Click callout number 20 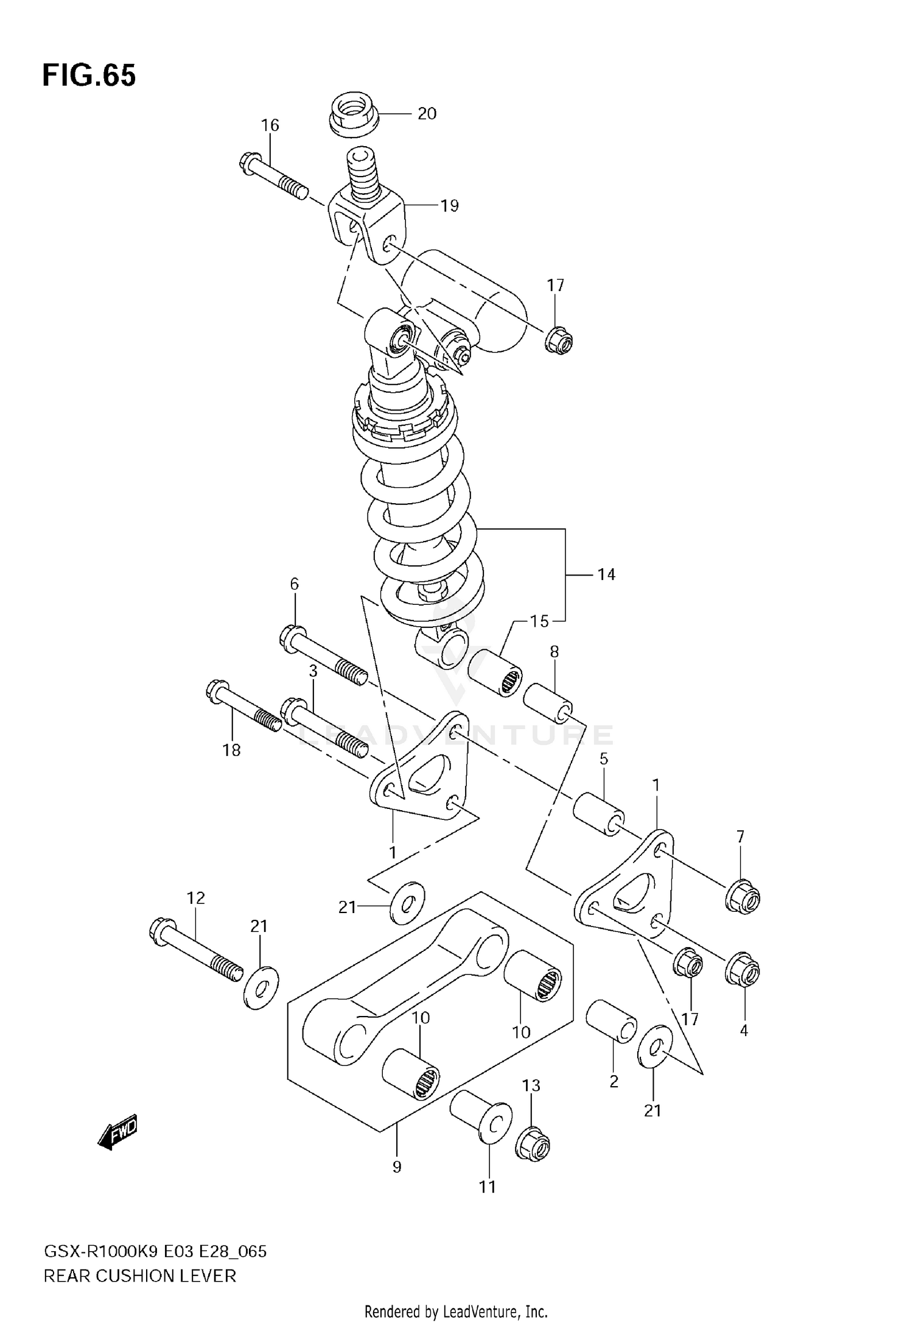427,114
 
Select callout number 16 270,125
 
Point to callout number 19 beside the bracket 449,206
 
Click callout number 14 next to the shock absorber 606,574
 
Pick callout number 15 539,621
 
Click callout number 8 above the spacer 554,652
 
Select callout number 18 231,750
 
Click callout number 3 313,671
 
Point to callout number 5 604,759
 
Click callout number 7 740,837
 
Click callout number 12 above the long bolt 196,898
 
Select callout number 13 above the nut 531,1085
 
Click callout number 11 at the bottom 487,1187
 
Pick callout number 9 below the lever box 397,1167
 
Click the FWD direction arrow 118,1133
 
